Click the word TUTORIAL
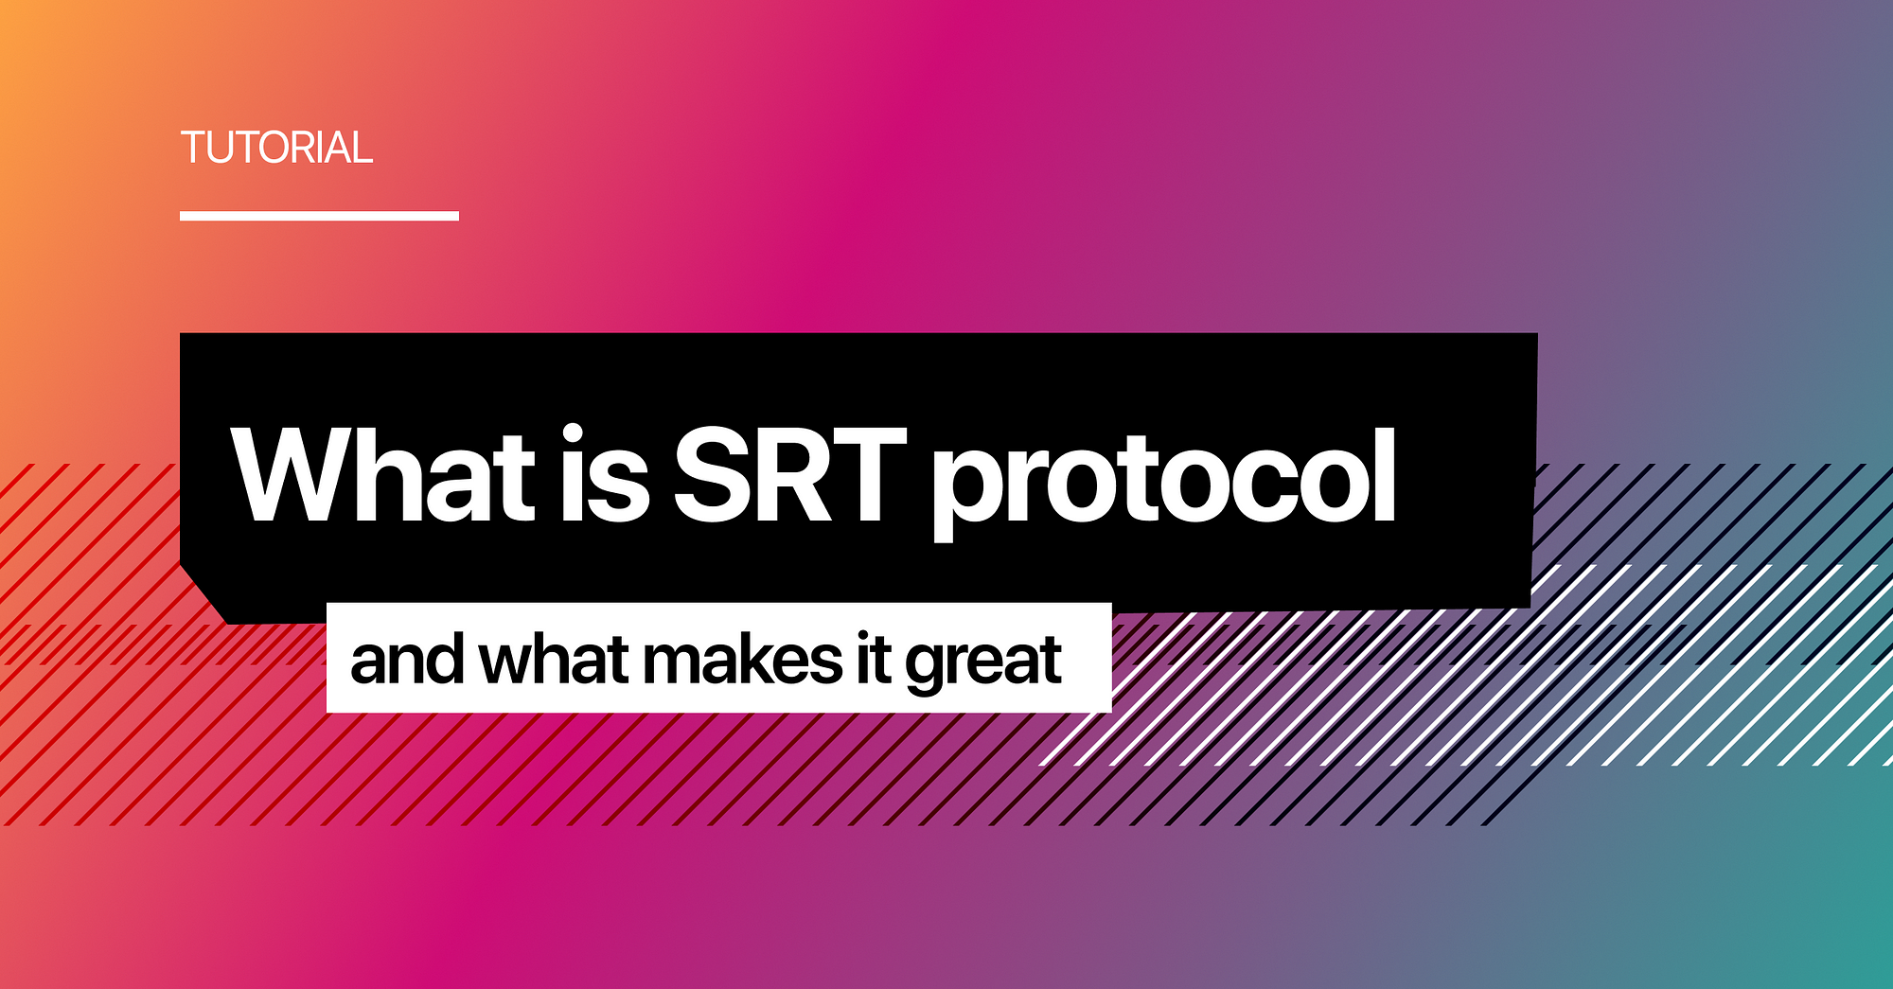pyautogui.click(x=276, y=148)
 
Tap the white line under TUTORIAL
pyautogui.click(x=319, y=216)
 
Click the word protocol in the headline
pyautogui.click(x=1164, y=483)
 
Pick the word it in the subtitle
pyautogui.click(x=873, y=660)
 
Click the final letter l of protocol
pyautogui.click(x=1386, y=474)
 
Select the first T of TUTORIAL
pyautogui.click(x=194, y=148)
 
